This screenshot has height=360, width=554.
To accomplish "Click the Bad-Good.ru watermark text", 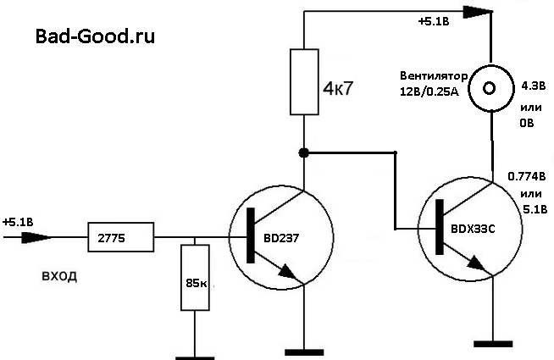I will [95, 37].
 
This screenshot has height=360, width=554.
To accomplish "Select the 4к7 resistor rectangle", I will [303, 81].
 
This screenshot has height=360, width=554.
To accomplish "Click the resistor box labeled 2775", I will [120, 238].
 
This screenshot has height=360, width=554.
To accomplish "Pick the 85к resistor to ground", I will [196, 278].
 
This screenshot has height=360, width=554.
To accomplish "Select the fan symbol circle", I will [492, 86].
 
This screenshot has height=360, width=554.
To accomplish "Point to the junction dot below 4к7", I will [303, 152].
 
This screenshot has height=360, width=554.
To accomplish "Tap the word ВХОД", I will [58, 276].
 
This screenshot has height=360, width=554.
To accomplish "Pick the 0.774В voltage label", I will [526, 176].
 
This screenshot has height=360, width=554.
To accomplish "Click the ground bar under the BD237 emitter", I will [303, 349].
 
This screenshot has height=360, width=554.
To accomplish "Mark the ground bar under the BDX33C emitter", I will [492, 344].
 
